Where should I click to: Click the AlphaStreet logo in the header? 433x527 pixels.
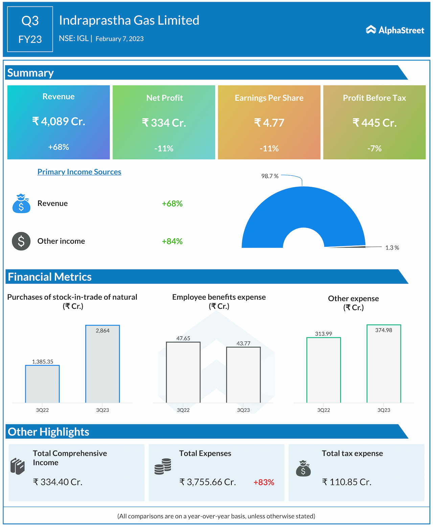tap(395, 30)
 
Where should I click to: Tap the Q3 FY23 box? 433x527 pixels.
tap(30, 29)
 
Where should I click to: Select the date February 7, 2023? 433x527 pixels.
tap(119, 39)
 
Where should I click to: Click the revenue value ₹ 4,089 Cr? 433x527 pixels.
tap(59, 121)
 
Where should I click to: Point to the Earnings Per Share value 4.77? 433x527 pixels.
tap(269, 122)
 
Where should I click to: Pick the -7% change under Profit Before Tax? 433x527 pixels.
tap(374, 148)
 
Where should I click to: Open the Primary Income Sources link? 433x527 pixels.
tap(79, 172)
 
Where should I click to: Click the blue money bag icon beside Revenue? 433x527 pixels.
tap(21, 203)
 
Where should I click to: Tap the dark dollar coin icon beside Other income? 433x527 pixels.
tap(21, 241)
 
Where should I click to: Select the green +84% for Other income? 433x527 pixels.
tap(172, 241)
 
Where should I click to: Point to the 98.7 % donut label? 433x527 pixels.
tap(270, 176)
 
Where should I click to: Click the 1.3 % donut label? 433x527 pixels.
tap(392, 248)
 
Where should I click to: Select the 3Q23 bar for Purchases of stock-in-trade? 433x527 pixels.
tap(102, 364)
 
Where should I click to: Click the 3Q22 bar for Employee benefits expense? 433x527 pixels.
tap(183, 372)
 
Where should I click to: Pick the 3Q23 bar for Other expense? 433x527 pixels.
tap(384, 364)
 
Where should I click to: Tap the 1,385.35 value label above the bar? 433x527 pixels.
tap(43, 362)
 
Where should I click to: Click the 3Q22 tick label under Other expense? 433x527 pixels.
tap(323, 410)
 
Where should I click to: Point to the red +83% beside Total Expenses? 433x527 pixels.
tap(264, 482)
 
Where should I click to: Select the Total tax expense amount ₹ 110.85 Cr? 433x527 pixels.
tap(346, 482)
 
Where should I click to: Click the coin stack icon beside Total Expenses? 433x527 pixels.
tap(163, 466)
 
